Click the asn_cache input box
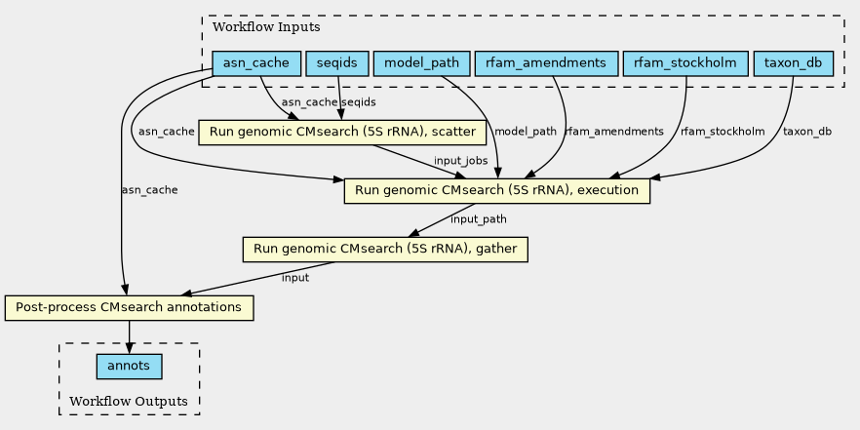256,63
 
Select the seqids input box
336,63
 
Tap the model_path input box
421,63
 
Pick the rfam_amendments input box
546,63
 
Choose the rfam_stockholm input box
685,63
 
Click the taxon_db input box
793,63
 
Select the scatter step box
342,133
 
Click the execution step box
497,191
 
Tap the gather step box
385,250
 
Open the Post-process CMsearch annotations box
129,308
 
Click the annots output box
129,367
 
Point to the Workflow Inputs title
266,27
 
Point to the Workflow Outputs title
129,401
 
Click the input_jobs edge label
460,161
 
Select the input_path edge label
478,219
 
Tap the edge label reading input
295,278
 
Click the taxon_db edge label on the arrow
806,132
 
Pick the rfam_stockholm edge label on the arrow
723,132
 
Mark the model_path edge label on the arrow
526,132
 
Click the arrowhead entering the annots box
129,349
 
